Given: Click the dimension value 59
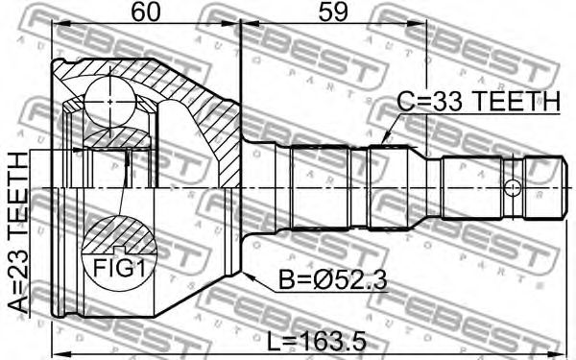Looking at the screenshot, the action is point(333,12).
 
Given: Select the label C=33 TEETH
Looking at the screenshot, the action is point(479,102).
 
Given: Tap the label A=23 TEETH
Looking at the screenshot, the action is point(17,231).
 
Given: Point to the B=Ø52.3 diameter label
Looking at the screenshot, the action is point(333,280).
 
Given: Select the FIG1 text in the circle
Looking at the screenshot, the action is point(120,267).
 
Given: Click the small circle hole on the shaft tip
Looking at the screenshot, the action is point(513,188).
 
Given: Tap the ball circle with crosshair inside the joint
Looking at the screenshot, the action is point(110,102).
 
